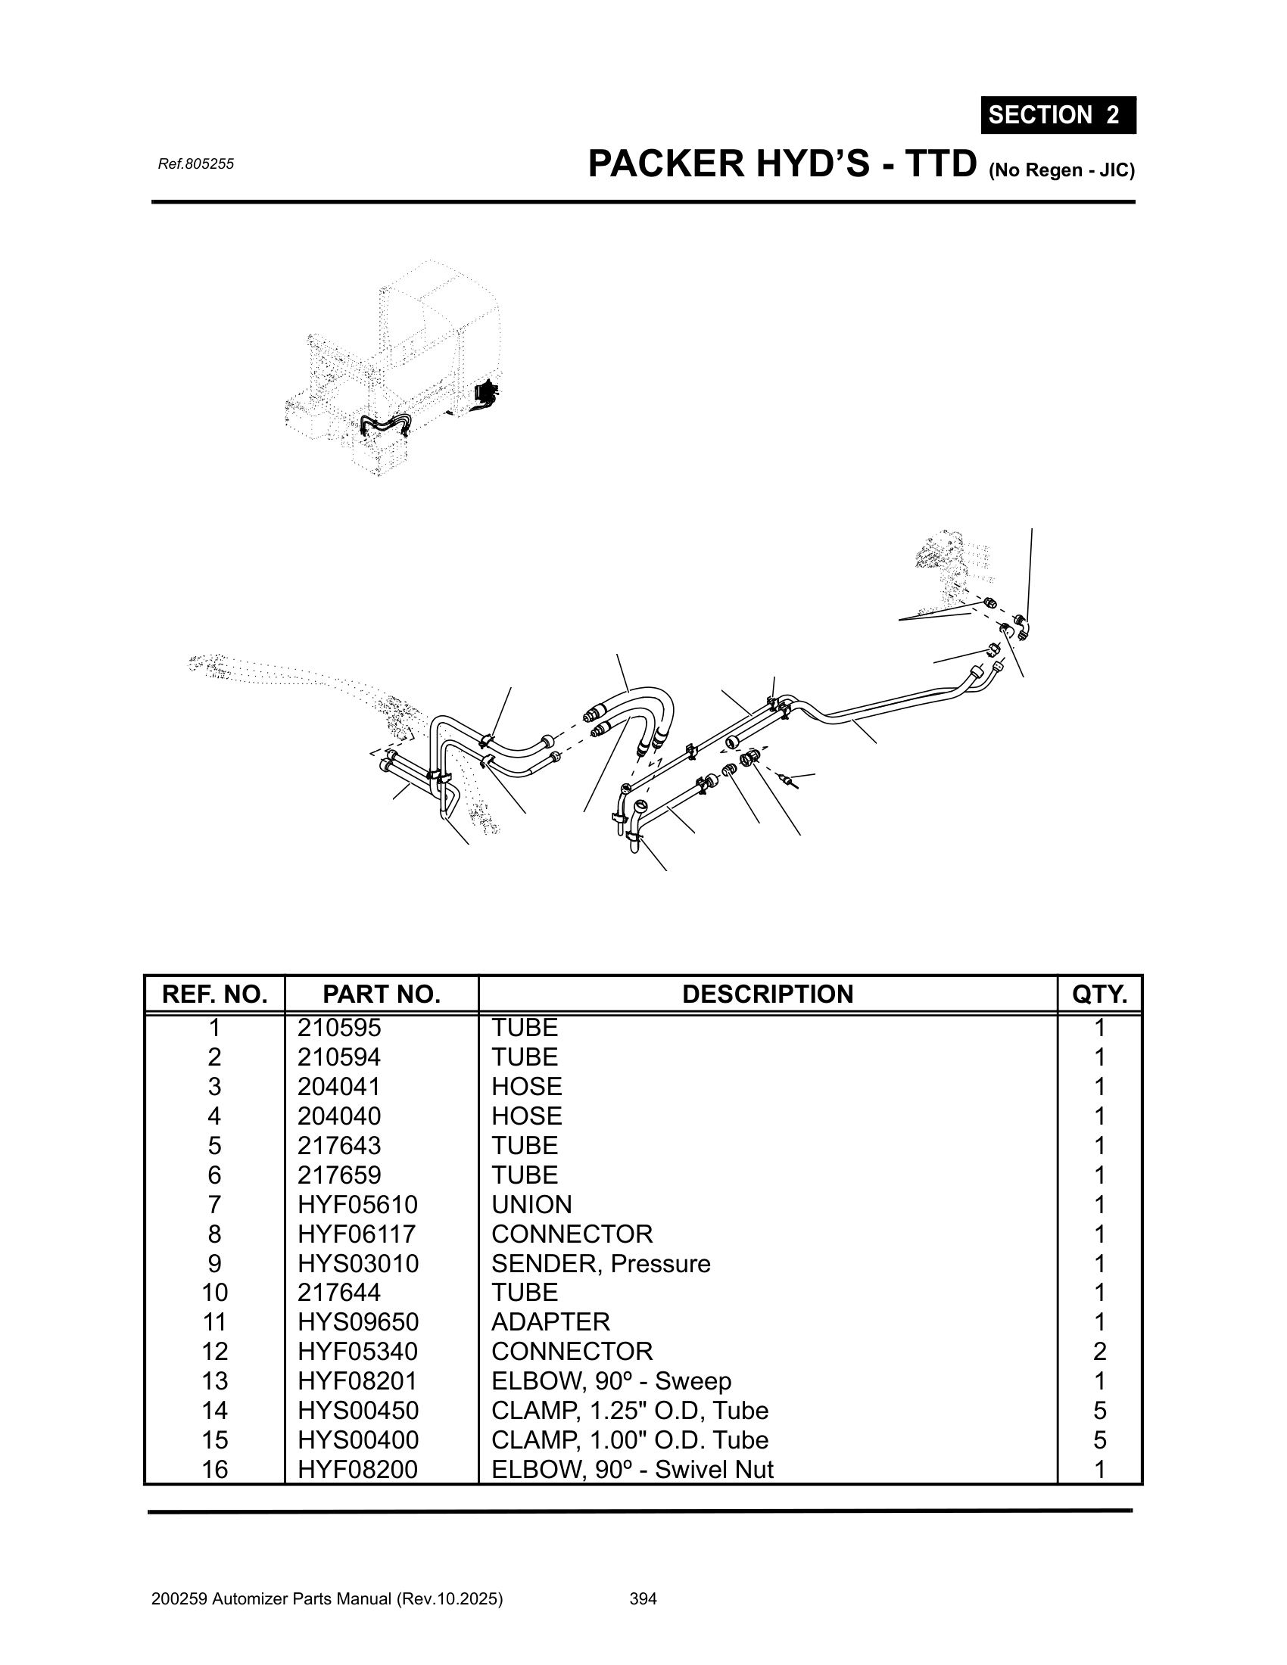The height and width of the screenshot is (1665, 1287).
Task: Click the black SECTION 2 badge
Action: click(1058, 115)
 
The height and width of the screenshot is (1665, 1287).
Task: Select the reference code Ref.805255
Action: click(195, 164)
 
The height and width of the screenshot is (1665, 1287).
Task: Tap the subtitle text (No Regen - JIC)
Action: click(1061, 170)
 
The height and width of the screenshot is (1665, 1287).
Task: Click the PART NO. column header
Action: click(382, 994)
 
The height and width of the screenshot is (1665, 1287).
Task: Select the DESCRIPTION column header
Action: click(767, 994)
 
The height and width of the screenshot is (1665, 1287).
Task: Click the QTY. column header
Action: click(1098, 994)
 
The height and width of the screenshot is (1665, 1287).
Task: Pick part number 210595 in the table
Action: click(338, 1029)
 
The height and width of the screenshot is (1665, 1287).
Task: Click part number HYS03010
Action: click(357, 1264)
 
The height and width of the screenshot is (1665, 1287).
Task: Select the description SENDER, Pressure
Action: click(601, 1264)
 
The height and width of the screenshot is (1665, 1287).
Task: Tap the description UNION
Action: click(531, 1205)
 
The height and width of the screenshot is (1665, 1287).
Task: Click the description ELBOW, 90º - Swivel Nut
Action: click(632, 1469)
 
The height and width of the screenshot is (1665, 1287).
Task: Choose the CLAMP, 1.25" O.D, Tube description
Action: click(630, 1411)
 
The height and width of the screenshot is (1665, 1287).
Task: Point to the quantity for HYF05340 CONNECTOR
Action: click(1098, 1352)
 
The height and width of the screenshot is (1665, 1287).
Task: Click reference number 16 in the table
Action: click(214, 1469)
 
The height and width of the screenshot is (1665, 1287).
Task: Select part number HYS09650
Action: click(357, 1322)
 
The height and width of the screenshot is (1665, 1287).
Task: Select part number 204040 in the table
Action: click(338, 1116)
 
